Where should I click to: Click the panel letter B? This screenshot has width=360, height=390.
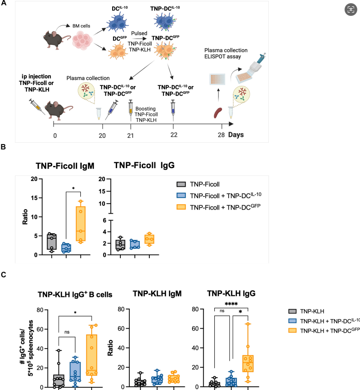point(3,147)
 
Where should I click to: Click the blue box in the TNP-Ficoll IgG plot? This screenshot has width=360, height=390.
point(134,244)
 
